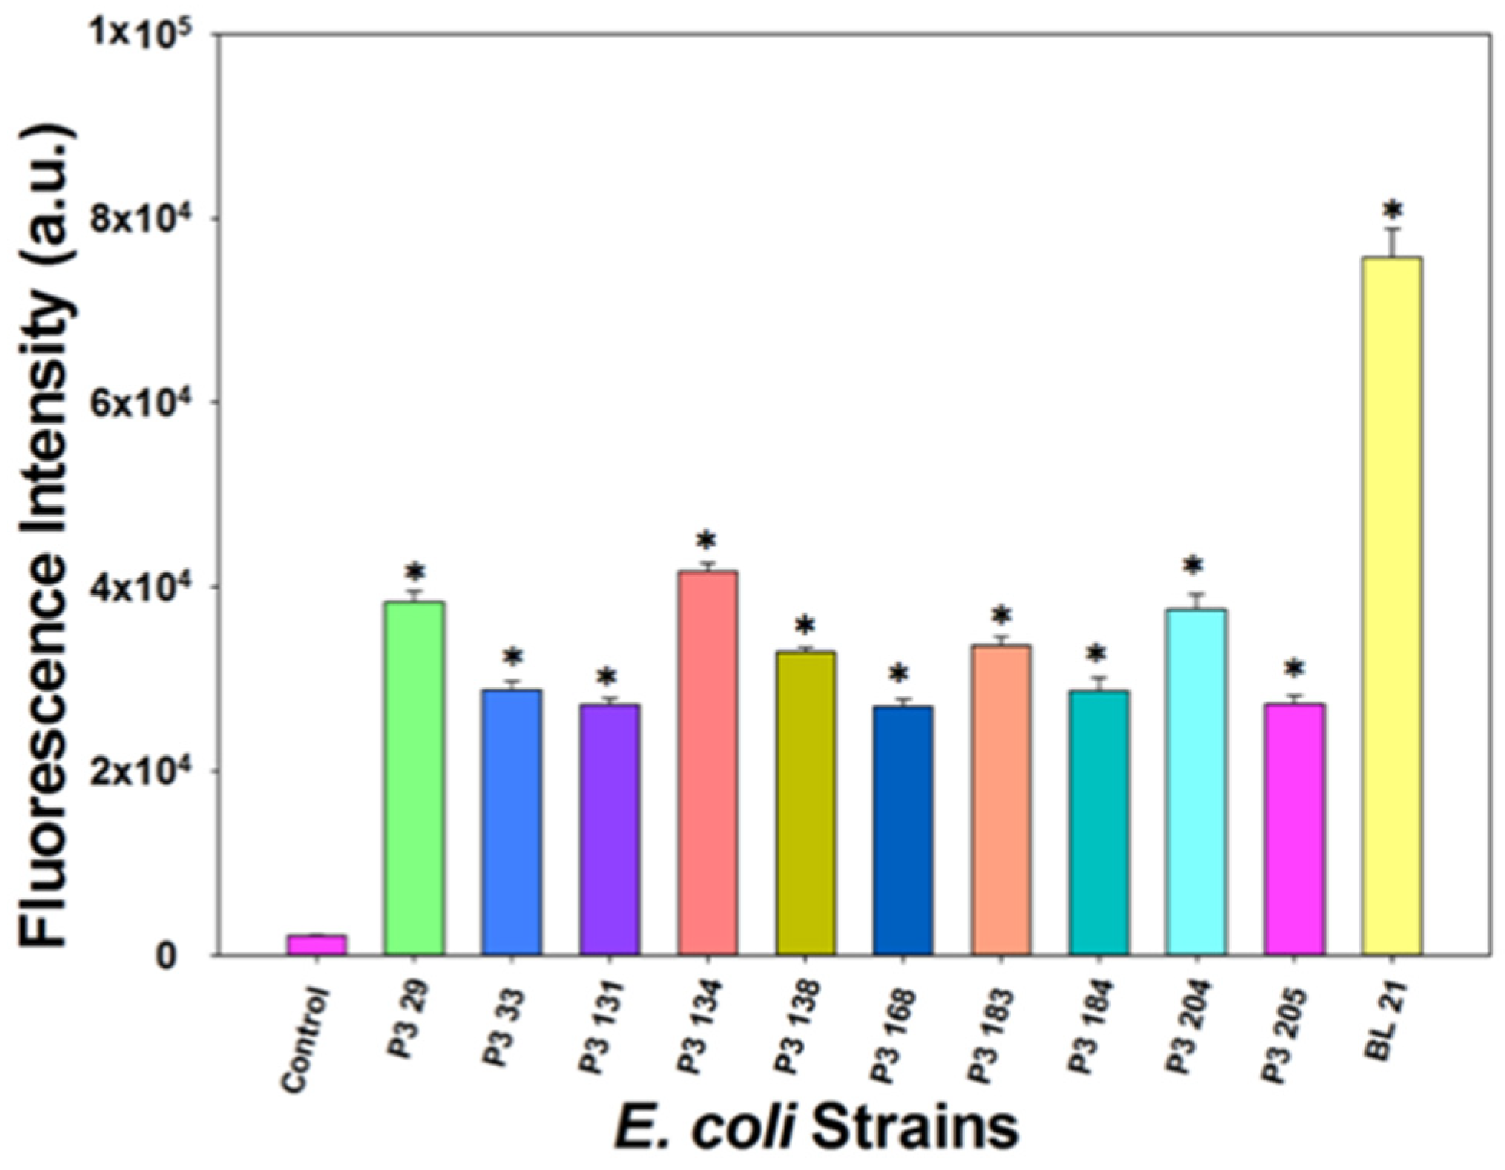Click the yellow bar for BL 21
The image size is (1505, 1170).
(x=1391, y=606)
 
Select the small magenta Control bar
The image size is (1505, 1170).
(x=317, y=944)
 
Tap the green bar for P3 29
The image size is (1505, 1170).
(x=414, y=777)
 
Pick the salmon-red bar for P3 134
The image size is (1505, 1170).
(x=707, y=762)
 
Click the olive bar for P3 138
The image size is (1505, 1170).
(x=805, y=803)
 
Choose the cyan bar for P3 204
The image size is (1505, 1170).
(x=1195, y=781)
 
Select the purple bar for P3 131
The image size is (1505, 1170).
(x=610, y=829)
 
